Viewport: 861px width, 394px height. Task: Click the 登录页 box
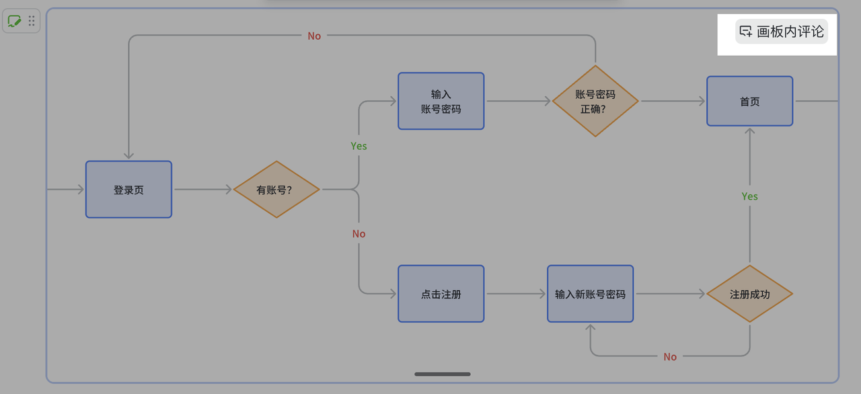(128, 190)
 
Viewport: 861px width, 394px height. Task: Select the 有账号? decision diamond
(276, 190)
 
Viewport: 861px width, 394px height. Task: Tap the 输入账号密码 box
(441, 101)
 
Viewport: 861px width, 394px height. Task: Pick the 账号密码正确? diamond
(595, 101)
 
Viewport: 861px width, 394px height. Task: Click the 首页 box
(749, 101)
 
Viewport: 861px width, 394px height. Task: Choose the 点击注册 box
(441, 294)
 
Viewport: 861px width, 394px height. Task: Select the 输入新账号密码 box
(590, 294)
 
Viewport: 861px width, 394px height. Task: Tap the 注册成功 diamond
(749, 294)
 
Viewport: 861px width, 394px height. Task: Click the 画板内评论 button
(782, 32)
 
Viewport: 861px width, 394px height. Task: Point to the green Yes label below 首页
(749, 196)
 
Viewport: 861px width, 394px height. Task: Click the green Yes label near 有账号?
(359, 146)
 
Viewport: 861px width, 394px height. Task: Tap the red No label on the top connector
(314, 36)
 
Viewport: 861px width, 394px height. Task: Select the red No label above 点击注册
(359, 234)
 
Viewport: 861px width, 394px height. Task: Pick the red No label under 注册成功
(670, 356)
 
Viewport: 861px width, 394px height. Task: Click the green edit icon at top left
(14, 21)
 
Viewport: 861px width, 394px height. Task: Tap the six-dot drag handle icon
(32, 21)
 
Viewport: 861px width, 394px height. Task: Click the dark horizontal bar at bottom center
(442, 374)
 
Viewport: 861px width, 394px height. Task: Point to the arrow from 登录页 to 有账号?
(202, 190)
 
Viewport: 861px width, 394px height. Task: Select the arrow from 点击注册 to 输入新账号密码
(515, 294)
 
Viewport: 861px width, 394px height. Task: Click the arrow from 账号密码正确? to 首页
(673, 101)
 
